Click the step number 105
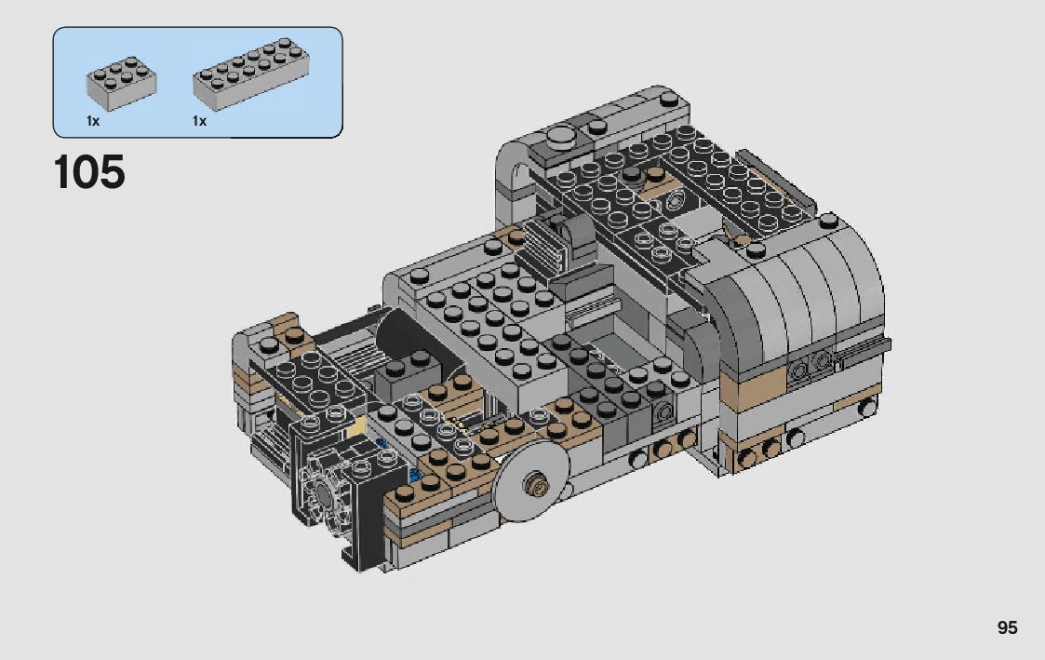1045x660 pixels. [89, 172]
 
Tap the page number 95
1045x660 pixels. [1007, 627]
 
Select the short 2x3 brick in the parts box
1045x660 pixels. [121, 83]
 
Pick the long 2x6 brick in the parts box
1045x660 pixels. [250, 74]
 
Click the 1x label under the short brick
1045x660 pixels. [93, 121]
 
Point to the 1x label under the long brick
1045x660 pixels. [199, 121]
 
